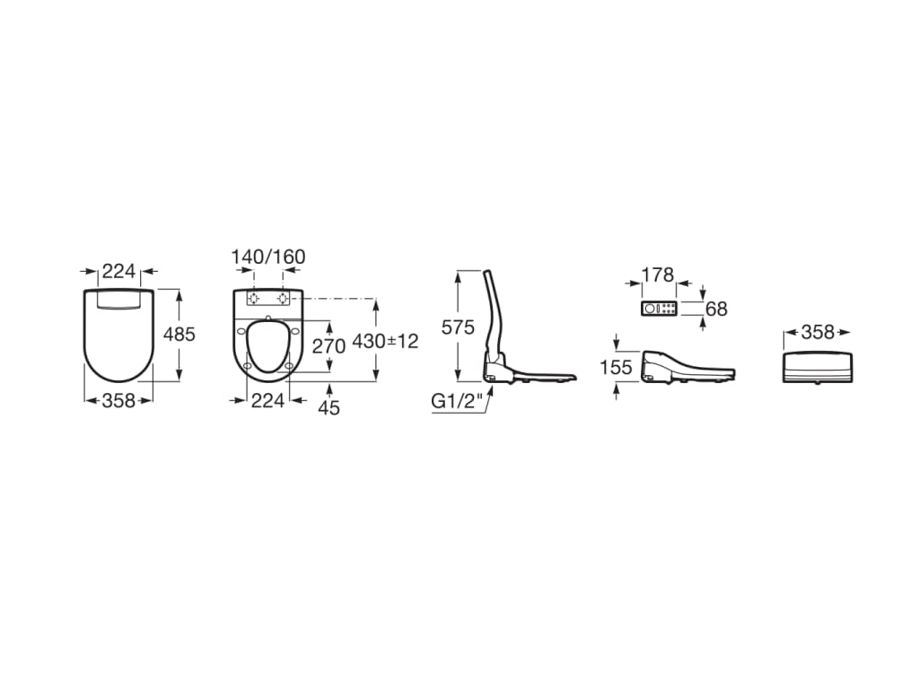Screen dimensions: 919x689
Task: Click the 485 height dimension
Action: pos(179,334)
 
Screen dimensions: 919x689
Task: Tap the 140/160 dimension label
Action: pos(267,257)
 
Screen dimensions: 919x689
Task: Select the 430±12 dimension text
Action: pos(385,341)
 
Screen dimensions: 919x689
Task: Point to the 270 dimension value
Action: pos(328,346)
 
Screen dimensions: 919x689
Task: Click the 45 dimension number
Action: pos(328,407)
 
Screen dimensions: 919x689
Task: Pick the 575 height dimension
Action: pos(458,327)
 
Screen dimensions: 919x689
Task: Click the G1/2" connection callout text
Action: pos(457,401)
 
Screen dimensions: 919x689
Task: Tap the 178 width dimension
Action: pos(658,275)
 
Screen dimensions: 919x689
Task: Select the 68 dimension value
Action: pos(716,309)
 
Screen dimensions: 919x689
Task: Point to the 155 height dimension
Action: pos(616,367)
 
